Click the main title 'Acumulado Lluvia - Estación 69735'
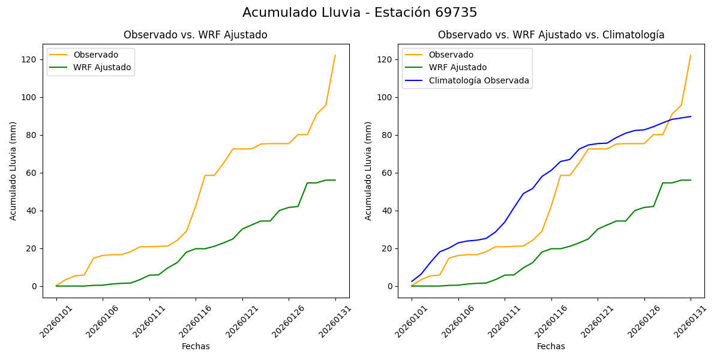(360, 13)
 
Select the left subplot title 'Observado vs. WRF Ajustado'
(195, 35)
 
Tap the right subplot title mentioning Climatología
(551, 35)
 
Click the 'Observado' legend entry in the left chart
(95, 55)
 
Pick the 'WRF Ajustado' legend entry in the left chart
(102, 67)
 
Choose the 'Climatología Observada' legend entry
(478, 80)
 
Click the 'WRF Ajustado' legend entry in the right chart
(457, 67)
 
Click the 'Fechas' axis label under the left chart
(196, 346)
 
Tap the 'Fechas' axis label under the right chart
(551, 346)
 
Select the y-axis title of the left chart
(13, 170)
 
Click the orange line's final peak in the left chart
(335, 55)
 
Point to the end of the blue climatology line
(691, 116)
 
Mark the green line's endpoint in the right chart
(691, 180)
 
